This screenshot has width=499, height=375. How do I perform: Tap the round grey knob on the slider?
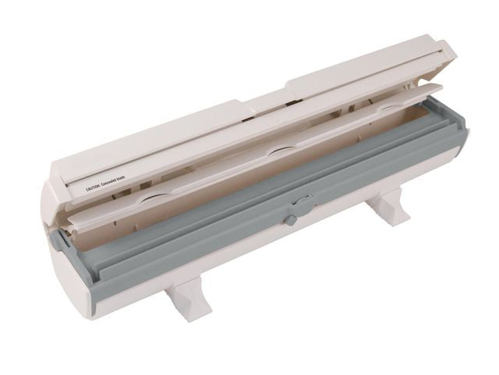[x=290, y=220]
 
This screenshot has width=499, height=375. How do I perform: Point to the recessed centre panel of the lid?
[x=265, y=98]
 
